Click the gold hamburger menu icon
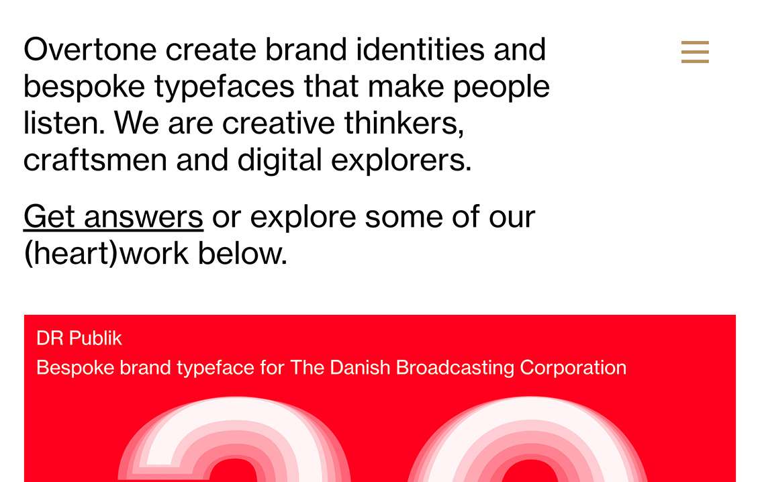(695, 52)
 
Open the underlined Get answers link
(113, 217)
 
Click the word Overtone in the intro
(90, 50)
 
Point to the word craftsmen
(95, 160)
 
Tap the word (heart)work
(106, 253)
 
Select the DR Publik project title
(79, 338)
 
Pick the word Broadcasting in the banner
(455, 368)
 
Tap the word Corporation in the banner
(573, 368)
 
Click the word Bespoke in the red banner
(75, 368)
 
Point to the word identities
(420, 50)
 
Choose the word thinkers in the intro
(404, 124)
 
